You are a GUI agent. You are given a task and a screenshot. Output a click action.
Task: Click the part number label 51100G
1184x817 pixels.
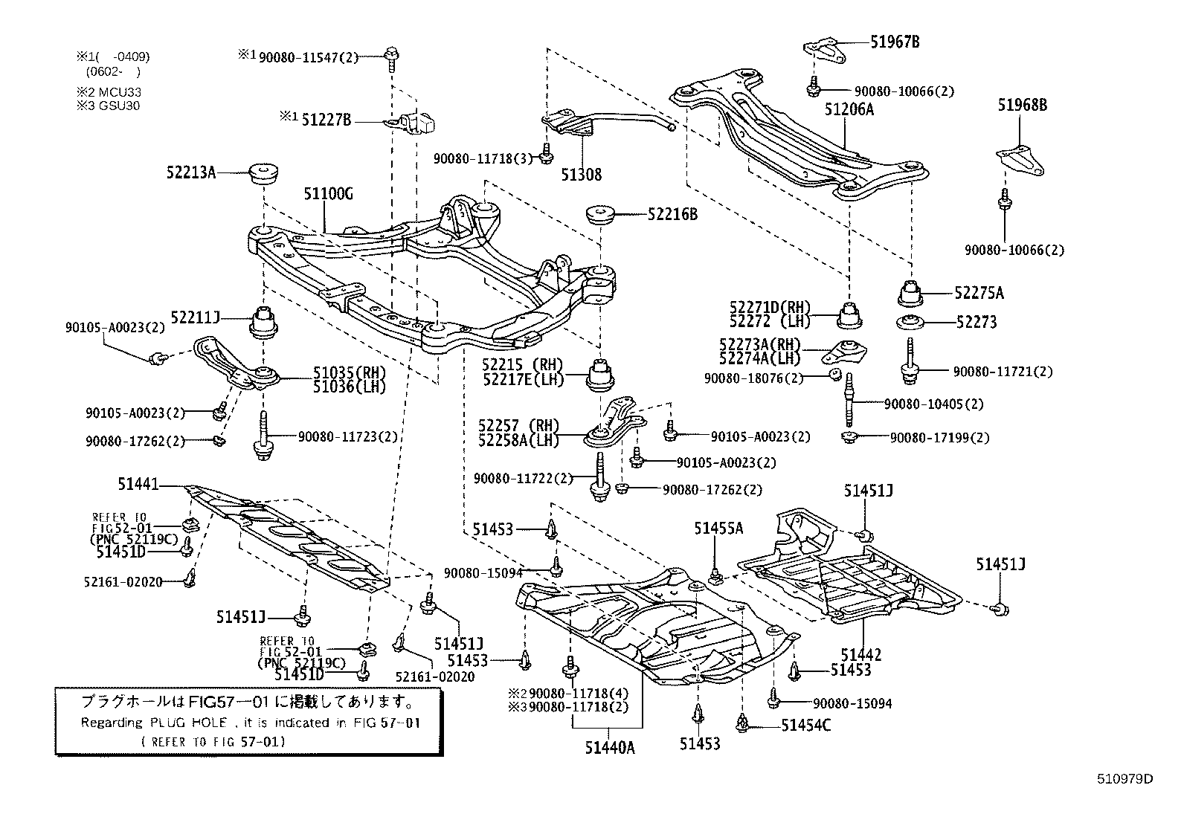point(327,195)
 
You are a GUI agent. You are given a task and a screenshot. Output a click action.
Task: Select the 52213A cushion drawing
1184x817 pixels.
point(265,174)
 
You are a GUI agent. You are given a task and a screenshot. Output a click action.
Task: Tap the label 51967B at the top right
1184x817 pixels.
point(895,42)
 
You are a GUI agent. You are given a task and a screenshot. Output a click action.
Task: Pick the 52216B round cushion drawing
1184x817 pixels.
point(600,214)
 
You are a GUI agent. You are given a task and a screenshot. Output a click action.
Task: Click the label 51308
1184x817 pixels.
point(582,175)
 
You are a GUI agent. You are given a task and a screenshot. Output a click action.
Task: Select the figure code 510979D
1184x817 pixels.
point(1125,779)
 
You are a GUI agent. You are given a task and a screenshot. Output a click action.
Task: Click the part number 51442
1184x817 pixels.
point(861,655)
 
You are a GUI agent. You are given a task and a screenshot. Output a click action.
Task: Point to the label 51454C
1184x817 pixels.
point(806,725)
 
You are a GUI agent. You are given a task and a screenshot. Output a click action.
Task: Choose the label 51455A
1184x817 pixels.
point(718,528)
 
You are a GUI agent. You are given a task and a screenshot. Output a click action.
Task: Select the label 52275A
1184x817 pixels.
point(979,293)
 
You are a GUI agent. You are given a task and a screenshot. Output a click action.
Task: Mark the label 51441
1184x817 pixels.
point(138,485)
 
